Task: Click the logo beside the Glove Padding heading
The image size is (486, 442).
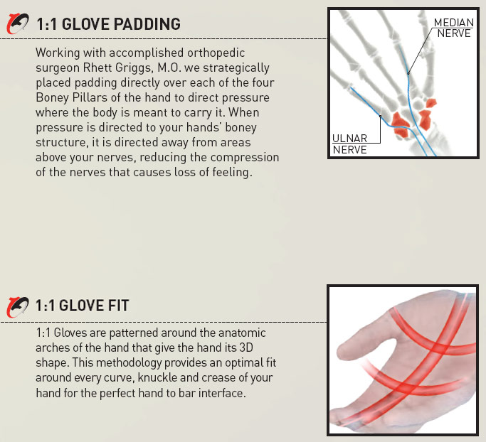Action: (x=18, y=23)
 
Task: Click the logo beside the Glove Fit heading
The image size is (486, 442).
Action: (x=18, y=307)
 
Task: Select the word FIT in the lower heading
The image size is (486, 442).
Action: (x=118, y=306)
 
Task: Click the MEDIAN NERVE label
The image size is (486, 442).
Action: (x=454, y=28)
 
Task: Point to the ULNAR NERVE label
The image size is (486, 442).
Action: (x=349, y=144)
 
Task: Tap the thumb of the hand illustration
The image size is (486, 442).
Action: (x=366, y=341)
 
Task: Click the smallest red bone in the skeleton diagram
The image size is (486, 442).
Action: (x=430, y=103)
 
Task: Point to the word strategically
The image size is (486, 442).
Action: (x=236, y=68)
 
